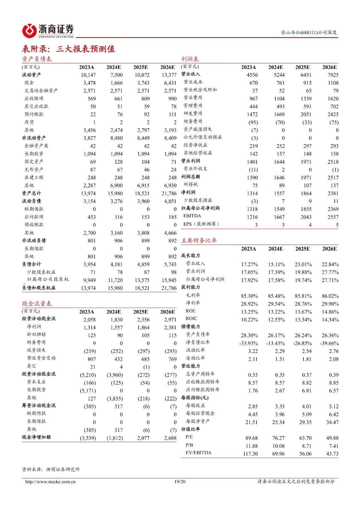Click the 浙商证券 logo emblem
29,31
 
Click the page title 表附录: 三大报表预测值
68,49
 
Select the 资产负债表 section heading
37,59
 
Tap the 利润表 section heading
190,59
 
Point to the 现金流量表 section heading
37,304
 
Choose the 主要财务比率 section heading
199,240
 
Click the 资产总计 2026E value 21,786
169,193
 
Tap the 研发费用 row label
193,114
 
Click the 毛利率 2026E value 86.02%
330,296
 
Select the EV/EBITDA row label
198,453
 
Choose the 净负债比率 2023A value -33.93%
248,343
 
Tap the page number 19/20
180,482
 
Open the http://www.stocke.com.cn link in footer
50,482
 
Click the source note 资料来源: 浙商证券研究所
51,469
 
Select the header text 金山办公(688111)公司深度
309,32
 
